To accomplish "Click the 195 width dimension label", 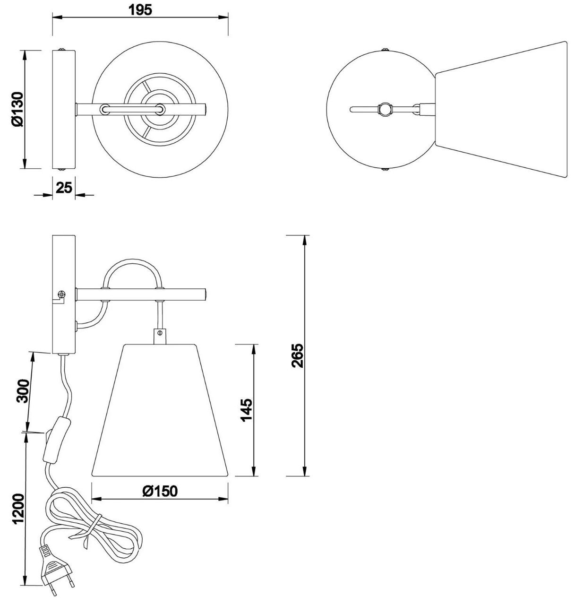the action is pos(140,10).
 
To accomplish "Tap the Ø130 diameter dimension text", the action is pos(17,109).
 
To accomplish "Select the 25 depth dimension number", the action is pos(64,188).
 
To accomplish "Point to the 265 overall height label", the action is pos(297,356).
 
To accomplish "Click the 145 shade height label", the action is pos(246,411).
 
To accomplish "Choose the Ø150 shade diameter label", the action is pos(160,492).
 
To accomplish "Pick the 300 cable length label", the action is pos(24,391).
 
